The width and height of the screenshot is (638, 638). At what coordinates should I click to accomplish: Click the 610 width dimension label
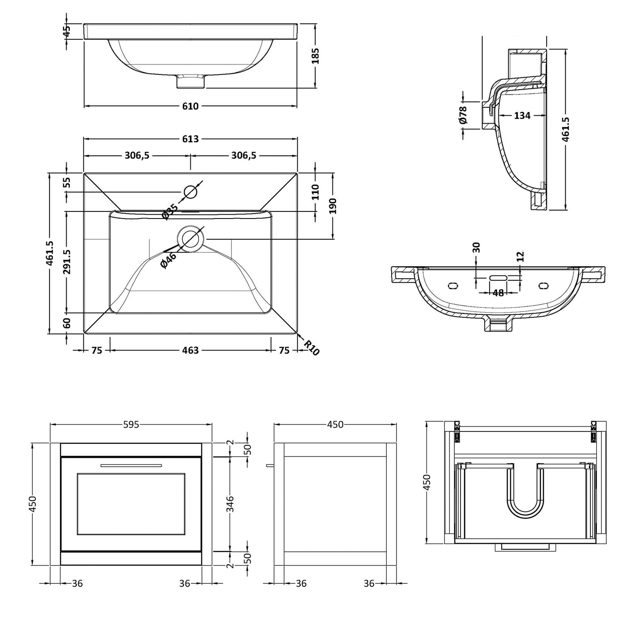coord(190,106)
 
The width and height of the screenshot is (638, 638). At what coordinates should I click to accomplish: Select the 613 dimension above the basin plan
coord(190,139)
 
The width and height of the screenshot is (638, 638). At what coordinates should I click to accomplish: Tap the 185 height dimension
coord(315,56)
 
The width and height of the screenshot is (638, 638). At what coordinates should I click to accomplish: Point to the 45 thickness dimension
coord(67,31)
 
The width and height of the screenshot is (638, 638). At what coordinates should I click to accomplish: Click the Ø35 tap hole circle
coord(190,192)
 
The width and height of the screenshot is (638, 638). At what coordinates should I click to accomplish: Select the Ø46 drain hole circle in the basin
coord(190,238)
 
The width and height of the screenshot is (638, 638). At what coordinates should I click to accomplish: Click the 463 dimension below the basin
coord(190,350)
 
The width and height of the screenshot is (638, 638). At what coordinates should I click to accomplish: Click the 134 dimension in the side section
coord(522,116)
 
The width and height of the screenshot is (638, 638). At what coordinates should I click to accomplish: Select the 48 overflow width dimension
coord(498,293)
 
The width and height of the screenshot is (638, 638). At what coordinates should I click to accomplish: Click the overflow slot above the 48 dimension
coord(498,278)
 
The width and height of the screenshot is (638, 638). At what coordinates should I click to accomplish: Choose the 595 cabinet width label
coord(131,424)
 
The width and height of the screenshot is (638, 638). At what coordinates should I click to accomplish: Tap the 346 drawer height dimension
coord(230,504)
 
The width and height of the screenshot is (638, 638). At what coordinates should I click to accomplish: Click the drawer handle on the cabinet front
coord(131,465)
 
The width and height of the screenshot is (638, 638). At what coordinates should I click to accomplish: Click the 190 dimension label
coord(333,206)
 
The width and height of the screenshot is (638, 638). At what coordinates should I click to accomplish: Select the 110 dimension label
coord(315,192)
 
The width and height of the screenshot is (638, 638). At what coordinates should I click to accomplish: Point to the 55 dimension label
coord(67,182)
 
